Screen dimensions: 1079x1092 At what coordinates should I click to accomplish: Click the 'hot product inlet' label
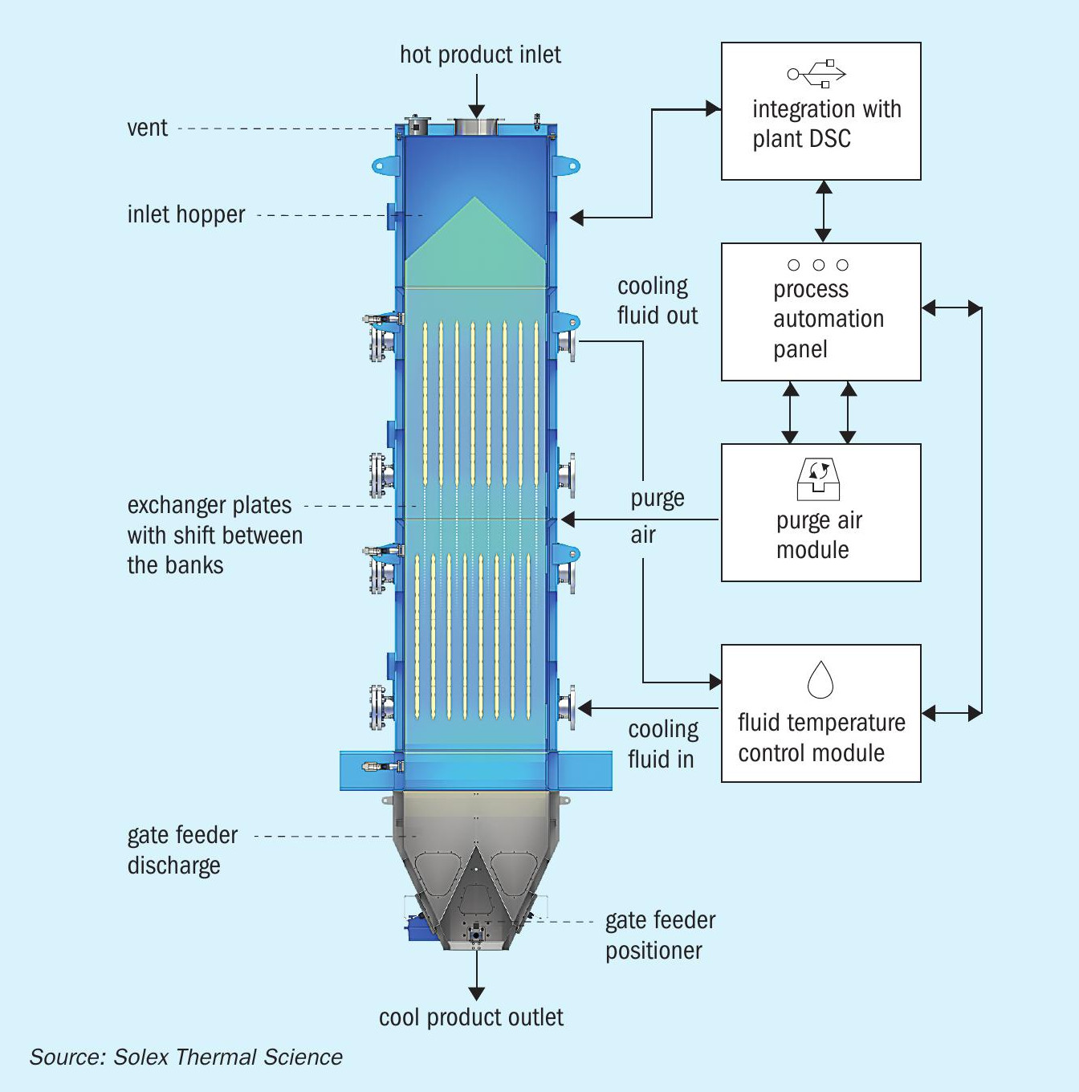tap(481, 55)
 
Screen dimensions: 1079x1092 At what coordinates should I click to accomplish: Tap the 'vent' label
tap(148, 128)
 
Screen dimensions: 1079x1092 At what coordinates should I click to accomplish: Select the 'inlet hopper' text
tap(186, 214)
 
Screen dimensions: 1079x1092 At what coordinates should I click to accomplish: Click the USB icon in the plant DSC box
tap(816, 74)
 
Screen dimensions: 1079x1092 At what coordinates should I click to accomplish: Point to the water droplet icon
tap(820, 678)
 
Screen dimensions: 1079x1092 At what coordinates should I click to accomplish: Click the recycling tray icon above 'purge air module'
tap(818, 479)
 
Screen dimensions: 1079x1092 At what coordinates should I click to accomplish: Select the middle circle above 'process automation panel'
tap(818, 265)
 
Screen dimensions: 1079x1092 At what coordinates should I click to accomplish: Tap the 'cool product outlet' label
tap(471, 1018)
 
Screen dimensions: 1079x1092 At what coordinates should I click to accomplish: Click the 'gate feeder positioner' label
tap(660, 935)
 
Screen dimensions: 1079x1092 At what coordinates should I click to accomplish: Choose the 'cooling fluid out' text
tap(658, 301)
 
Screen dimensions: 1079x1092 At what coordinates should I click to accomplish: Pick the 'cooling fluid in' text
tap(663, 744)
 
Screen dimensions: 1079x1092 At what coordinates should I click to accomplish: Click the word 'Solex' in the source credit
tap(139, 1057)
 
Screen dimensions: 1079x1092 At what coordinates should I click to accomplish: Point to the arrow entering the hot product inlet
tap(477, 97)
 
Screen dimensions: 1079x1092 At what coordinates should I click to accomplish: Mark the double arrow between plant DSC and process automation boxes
tap(823, 211)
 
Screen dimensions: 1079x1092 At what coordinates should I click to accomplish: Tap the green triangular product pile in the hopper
tap(475, 242)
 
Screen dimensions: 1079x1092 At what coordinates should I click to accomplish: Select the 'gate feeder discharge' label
tap(182, 850)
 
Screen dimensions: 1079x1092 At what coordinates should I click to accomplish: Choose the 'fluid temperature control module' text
tap(821, 738)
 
